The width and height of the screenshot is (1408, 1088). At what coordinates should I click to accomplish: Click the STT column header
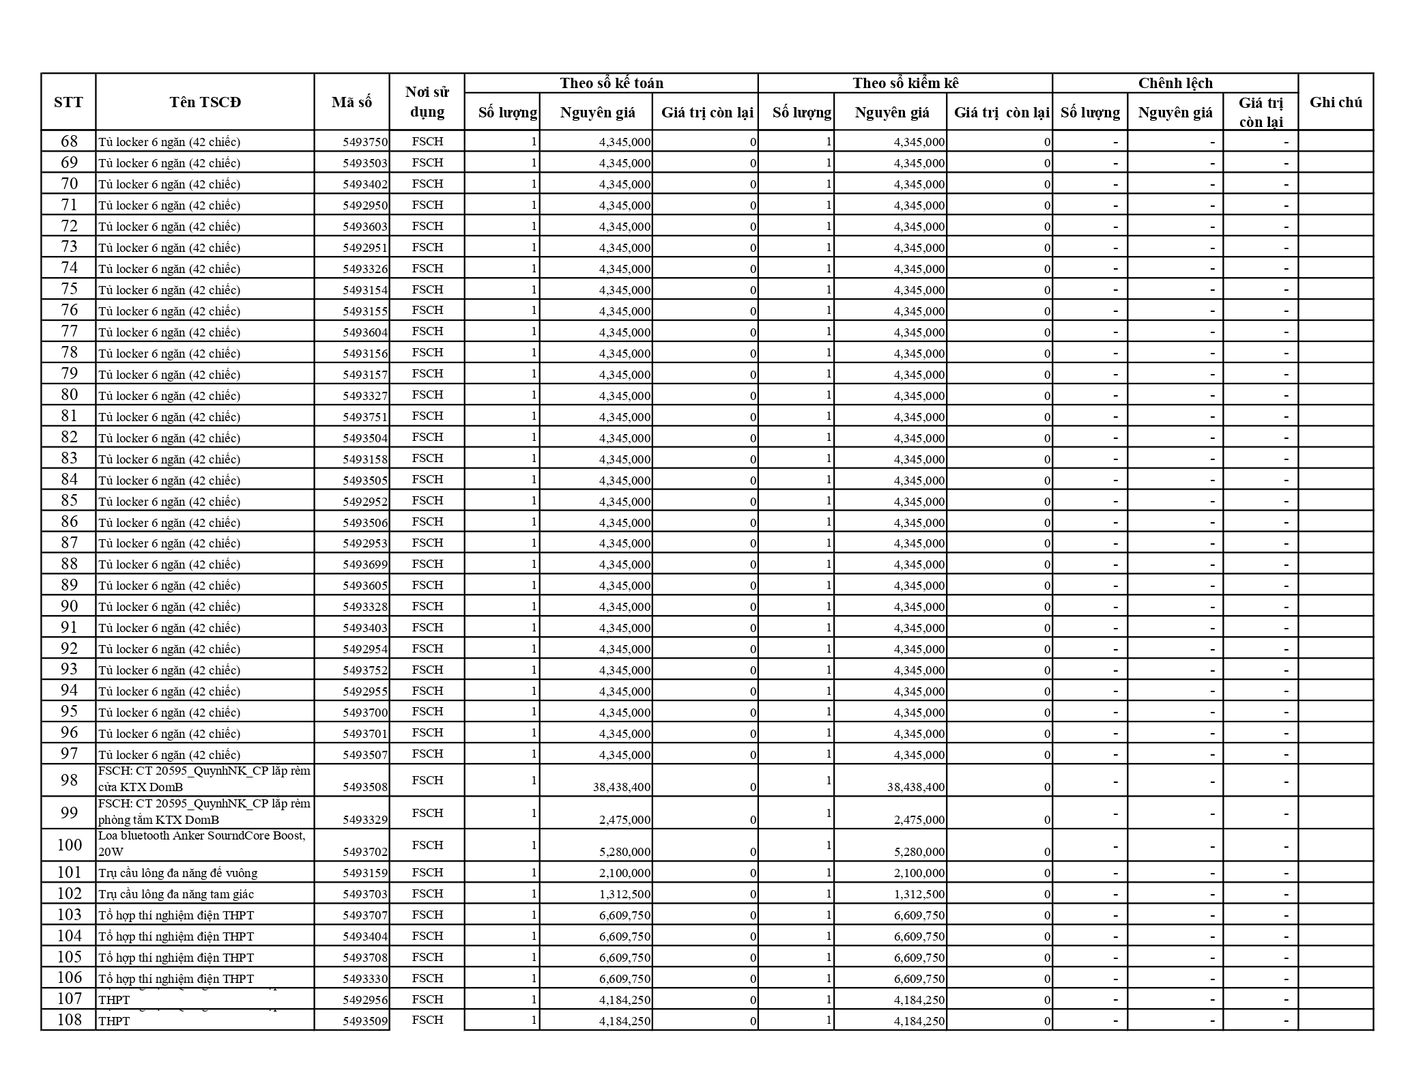click(x=68, y=102)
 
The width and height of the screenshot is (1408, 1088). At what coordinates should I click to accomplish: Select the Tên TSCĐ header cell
click(x=205, y=102)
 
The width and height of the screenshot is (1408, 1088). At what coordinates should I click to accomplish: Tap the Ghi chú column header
click(x=1336, y=102)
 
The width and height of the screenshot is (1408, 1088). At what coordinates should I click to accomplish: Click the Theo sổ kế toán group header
click(x=611, y=83)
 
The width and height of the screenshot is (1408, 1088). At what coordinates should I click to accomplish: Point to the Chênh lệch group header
click(x=1175, y=83)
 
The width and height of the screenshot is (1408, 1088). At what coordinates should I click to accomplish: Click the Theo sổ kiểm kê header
click(x=905, y=83)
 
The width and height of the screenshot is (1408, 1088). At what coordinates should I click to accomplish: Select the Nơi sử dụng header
click(x=427, y=102)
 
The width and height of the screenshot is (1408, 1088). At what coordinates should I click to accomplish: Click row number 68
click(x=69, y=141)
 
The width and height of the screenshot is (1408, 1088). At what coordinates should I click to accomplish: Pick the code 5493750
click(x=365, y=142)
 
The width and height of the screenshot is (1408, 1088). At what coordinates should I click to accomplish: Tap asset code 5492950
click(x=365, y=205)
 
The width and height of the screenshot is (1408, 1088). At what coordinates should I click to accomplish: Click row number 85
click(x=69, y=500)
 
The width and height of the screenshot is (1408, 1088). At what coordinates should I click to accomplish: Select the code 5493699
click(x=365, y=564)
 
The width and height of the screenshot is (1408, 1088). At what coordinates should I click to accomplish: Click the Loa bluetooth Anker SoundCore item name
click(x=202, y=844)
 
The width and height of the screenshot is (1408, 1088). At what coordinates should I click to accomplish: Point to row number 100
click(x=69, y=845)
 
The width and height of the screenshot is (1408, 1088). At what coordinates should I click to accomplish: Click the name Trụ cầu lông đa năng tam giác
click(x=176, y=894)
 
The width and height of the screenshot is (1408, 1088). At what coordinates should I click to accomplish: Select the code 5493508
click(x=365, y=787)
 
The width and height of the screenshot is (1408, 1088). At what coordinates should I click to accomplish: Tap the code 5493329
click(x=365, y=820)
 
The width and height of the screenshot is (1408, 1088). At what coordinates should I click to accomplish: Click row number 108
click(x=69, y=1020)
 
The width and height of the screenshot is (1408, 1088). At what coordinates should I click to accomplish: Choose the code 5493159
click(x=365, y=873)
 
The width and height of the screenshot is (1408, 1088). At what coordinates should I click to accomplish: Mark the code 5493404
click(x=365, y=936)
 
